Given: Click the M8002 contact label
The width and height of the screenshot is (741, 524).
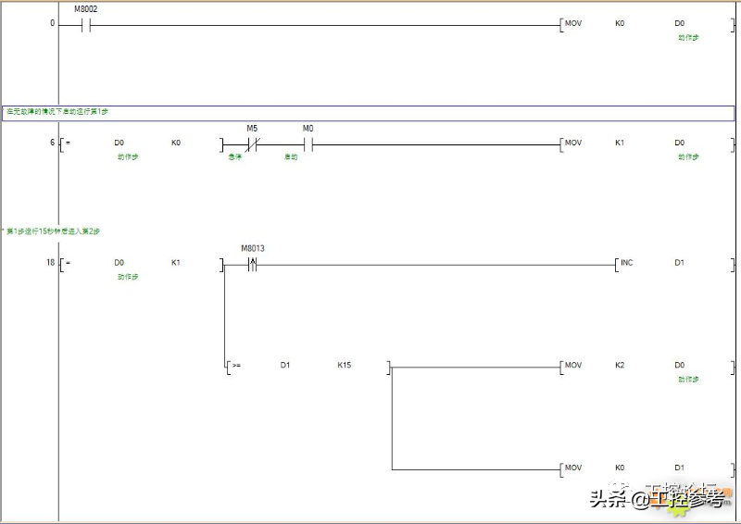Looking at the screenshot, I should coord(85,9).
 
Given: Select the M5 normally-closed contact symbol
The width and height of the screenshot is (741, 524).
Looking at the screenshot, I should coord(251,143).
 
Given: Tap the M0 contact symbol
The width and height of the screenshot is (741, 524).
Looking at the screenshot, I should coord(308,143).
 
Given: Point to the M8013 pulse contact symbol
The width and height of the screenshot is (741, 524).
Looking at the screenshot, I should coord(251,264).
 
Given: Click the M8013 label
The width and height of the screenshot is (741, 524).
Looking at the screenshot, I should coord(252,248).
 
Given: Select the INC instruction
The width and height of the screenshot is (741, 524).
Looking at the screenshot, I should coord(627,263).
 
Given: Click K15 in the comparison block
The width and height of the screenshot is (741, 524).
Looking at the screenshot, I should coord(344,365).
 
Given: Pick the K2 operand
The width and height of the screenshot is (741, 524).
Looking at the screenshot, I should coord(620,365).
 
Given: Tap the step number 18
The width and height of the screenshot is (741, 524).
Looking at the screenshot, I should coord(50,263).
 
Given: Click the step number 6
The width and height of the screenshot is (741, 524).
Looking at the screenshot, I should coord(52,143).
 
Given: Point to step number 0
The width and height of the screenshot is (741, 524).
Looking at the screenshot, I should coord(52,22).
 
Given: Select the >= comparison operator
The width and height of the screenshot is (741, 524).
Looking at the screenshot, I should coord(236,366).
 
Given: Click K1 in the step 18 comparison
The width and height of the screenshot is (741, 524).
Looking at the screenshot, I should coord(175,263).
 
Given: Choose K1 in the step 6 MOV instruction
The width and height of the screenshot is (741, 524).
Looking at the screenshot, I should coord(620,143).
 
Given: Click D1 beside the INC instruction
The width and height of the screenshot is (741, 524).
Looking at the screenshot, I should coord(679,263).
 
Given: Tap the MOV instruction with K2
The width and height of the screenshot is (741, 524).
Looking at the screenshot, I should coord(573,365).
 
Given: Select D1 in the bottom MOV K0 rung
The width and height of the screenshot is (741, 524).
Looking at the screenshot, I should coord(679,468).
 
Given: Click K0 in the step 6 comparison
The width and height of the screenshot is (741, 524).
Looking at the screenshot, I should coord(175,143).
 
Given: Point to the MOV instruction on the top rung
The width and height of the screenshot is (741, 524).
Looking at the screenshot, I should coord(573,22).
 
